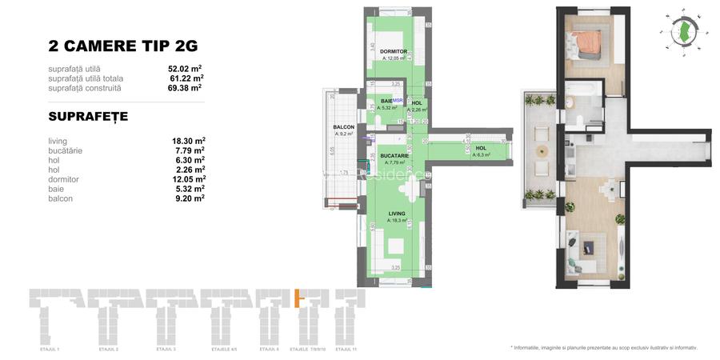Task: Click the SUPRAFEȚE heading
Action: pyautogui.click(x=87, y=117)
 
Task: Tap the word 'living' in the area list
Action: pyautogui.click(x=58, y=141)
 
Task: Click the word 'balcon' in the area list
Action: pyautogui.click(x=61, y=198)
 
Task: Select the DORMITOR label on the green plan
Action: pyautogui.click(x=394, y=51)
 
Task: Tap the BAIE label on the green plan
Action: pyautogui.click(x=386, y=101)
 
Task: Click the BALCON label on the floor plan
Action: pyautogui.click(x=343, y=127)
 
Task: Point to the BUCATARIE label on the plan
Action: pyautogui.click(x=395, y=155)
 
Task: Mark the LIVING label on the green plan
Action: pyautogui.click(x=397, y=214)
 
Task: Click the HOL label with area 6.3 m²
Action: pyautogui.click(x=481, y=148)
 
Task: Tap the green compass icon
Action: pyautogui.click(x=683, y=31)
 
